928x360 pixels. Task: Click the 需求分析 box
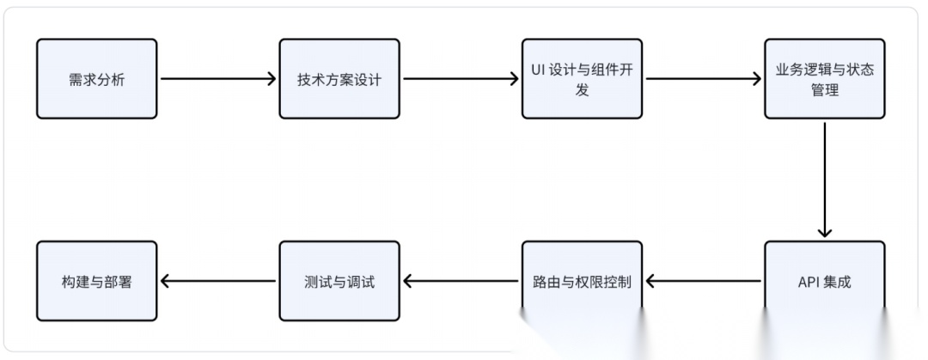tap(97, 79)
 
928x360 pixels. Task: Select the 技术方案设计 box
tap(339, 79)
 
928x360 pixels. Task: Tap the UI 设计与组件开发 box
tap(582, 79)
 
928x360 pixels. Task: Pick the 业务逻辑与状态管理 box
tap(824, 79)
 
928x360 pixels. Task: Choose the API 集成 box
tap(824, 281)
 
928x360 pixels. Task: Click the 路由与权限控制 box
tap(582, 281)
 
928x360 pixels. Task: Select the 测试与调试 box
tap(339, 281)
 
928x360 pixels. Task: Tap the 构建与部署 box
tap(97, 281)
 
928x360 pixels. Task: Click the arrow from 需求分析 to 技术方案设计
tap(218, 79)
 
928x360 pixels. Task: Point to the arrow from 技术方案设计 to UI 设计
tap(461, 79)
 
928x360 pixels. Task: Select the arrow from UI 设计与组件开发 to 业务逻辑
tap(703, 79)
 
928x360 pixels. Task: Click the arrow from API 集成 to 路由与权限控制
tap(703, 281)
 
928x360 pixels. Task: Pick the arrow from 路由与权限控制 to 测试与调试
tap(461, 281)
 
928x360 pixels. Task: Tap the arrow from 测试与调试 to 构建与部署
tap(218, 281)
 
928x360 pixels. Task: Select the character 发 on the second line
tap(583, 89)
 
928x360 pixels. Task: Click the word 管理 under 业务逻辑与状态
tap(825, 89)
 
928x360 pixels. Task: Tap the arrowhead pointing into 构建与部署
tap(165, 281)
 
